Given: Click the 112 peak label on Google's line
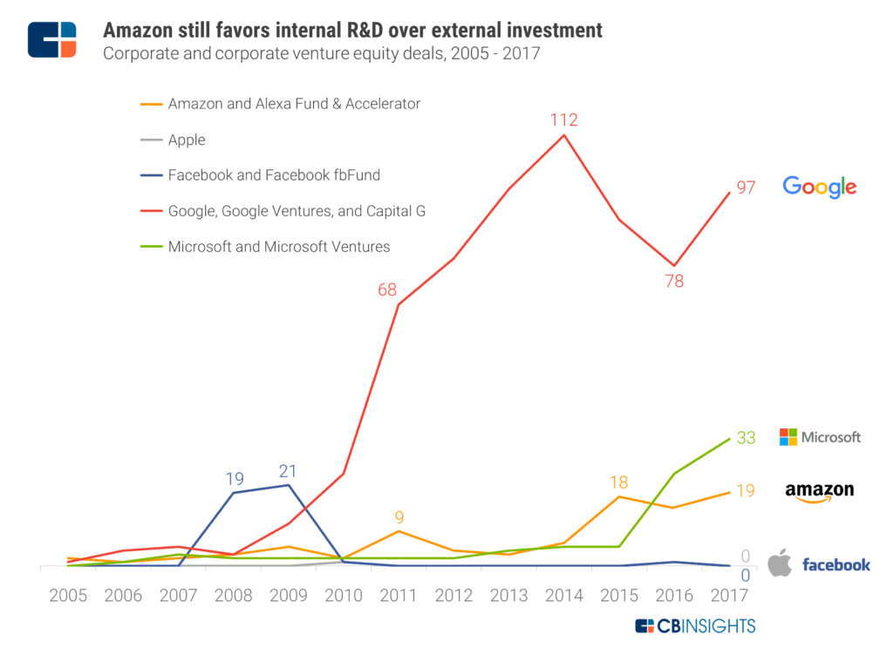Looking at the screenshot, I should point(564,120).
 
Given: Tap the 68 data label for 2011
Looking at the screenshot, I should point(387,290).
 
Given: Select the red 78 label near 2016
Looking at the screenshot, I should point(673,281).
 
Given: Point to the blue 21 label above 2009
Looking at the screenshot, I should point(288,472).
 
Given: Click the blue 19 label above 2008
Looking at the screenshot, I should point(234,479).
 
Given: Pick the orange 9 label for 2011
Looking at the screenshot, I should point(399,517).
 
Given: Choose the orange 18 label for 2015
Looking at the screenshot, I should point(619,482).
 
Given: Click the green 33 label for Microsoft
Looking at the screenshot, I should point(745,438).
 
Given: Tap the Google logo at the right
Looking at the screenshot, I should point(819,187).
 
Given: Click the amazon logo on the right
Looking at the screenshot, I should point(819,493).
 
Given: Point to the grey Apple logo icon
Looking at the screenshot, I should point(780,564).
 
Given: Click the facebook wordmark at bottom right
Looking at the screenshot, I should point(835,565).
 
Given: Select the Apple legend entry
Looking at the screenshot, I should point(187,140).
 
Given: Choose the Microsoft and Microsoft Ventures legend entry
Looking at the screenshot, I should point(278,247).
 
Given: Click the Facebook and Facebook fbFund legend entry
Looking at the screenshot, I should point(274,175).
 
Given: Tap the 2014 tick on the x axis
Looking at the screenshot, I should point(565,597).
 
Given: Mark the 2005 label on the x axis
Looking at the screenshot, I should point(67,597).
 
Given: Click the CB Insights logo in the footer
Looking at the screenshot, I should point(695,625).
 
